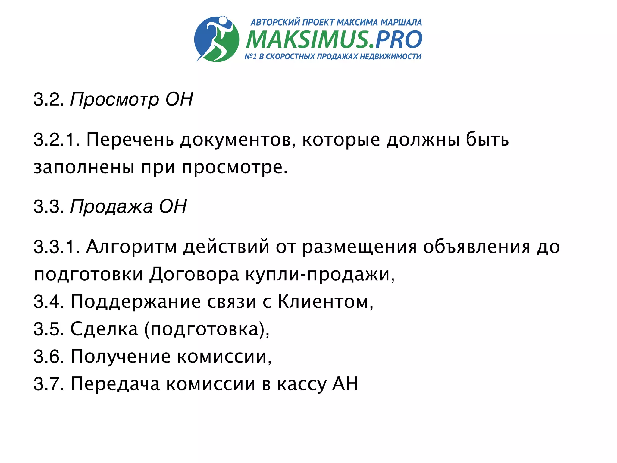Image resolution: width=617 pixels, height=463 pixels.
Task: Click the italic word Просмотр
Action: click(114, 99)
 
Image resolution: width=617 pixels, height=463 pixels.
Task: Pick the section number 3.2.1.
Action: click(56, 140)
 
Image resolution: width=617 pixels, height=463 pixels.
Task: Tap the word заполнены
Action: click(84, 167)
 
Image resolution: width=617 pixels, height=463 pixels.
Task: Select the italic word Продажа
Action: click(111, 207)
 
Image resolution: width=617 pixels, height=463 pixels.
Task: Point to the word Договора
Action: click(194, 274)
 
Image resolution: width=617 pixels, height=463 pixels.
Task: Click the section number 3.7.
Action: click(48, 384)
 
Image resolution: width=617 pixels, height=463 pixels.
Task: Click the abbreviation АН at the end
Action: click(345, 384)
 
